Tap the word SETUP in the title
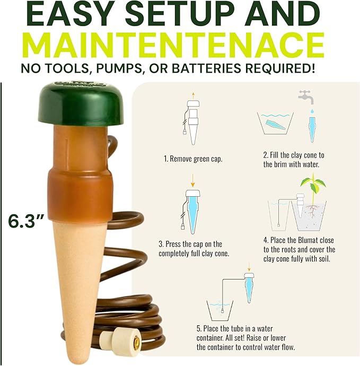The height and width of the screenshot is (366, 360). click(179, 15)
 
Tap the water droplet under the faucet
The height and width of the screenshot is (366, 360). click(312, 111)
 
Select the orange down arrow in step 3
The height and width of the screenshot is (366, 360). click(192, 180)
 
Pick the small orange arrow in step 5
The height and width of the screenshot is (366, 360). click(249, 267)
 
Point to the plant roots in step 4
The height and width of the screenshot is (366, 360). click(311, 211)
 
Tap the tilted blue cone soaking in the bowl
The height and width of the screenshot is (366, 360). click(275, 125)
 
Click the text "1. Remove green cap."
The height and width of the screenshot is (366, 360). click(193, 159)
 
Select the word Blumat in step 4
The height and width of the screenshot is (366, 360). click(307, 240)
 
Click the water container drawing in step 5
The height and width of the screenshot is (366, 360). click(219, 311)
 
